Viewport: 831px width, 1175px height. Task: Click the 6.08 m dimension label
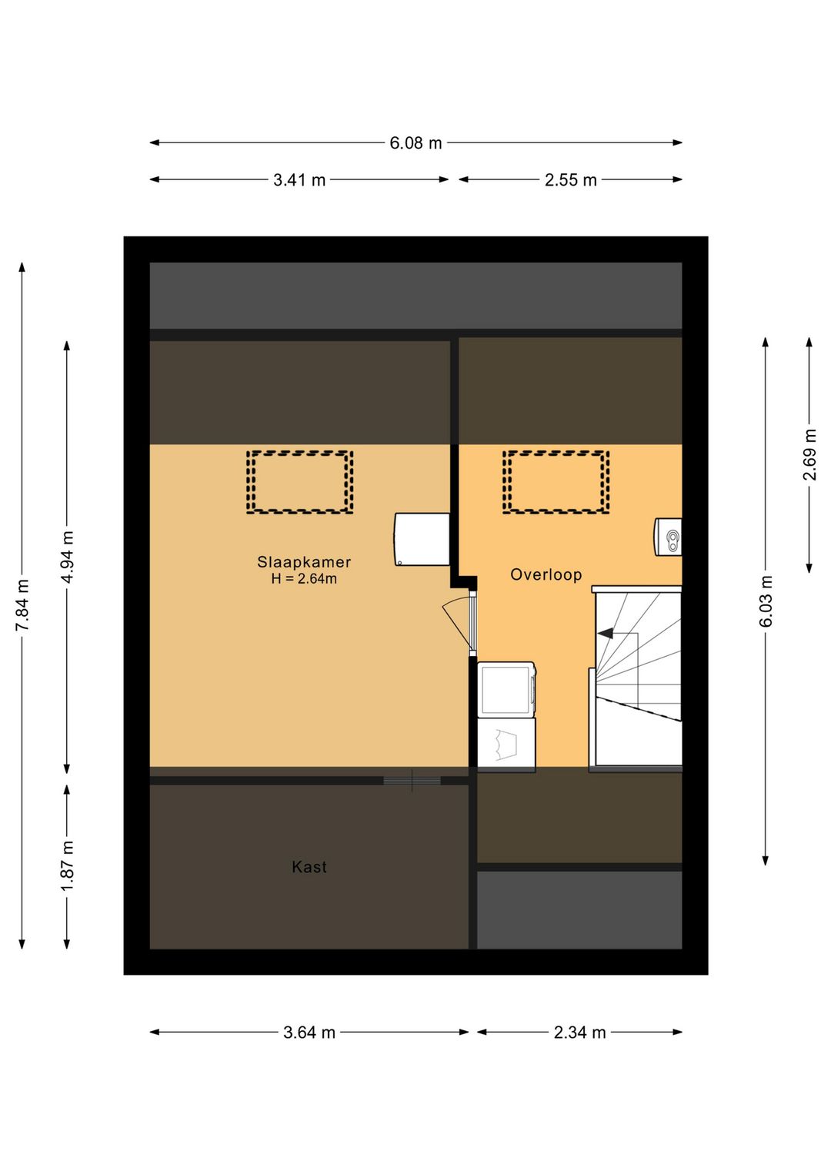coord(415,142)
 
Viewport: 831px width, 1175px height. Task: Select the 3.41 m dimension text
coord(299,180)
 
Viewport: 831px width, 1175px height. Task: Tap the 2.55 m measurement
coord(570,180)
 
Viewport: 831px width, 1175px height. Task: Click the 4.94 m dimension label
coord(68,557)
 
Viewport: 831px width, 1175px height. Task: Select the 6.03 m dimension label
coord(766,601)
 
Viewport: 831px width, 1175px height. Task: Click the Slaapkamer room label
coord(304,562)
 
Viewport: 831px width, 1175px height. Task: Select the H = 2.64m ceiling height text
coord(304,579)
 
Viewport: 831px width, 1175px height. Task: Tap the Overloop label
coord(546,574)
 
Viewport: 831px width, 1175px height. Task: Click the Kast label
coord(309,866)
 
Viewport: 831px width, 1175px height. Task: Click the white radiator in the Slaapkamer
coord(422,539)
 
